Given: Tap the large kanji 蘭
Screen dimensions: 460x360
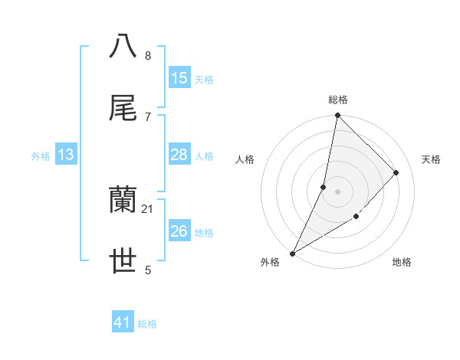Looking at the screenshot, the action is (x=123, y=200).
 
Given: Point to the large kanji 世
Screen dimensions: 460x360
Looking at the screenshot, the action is (x=123, y=261).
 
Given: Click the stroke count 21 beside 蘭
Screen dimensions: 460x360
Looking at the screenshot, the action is (x=148, y=208).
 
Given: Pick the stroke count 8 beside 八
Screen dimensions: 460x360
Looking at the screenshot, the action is (x=148, y=55).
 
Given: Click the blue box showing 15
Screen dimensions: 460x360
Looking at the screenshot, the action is (x=179, y=78).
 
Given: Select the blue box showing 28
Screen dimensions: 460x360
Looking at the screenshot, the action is (x=179, y=155).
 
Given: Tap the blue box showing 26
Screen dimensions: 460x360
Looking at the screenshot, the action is (x=179, y=231).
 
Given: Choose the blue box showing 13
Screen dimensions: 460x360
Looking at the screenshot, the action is (x=66, y=155).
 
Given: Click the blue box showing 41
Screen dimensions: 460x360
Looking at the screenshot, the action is (x=123, y=323).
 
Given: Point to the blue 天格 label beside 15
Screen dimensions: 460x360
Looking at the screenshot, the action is (x=204, y=79).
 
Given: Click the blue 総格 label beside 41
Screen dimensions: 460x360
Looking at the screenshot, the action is (x=147, y=324).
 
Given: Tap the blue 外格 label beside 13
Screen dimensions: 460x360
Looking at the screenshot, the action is (x=41, y=155).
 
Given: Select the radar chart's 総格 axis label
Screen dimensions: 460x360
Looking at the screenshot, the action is (x=338, y=100).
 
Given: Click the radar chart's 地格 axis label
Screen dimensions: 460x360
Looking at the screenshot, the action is (x=402, y=263).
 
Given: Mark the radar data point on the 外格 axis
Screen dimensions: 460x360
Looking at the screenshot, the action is (x=292, y=253).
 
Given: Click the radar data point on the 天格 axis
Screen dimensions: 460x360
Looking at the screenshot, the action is (x=396, y=172).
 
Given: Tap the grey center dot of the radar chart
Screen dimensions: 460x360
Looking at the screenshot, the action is (x=337, y=191).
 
